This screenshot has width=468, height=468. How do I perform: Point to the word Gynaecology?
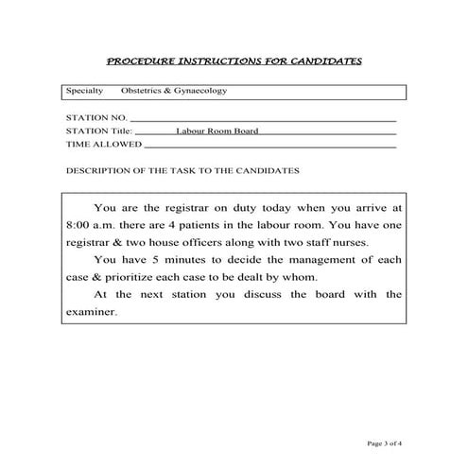(x=199, y=92)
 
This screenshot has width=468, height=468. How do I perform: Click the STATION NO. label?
(x=95, y=117)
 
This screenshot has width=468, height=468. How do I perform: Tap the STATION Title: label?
(x=100, y=131)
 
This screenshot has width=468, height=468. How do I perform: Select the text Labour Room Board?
(x=217, y=131)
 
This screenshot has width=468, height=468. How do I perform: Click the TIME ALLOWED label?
(x=103, y=146)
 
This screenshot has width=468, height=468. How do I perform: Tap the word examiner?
(x=93, y=311)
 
